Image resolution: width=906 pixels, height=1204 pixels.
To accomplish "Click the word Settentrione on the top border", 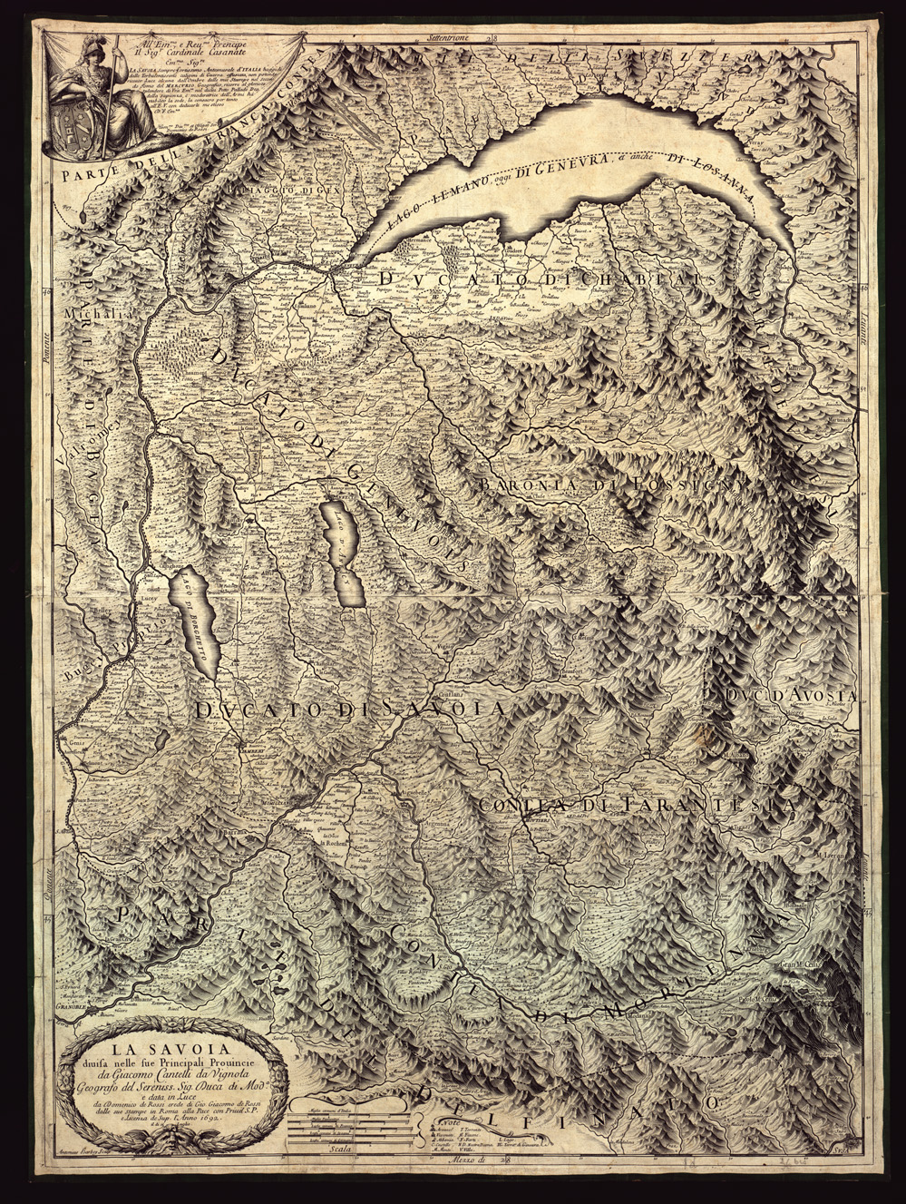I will pos(453,39).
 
